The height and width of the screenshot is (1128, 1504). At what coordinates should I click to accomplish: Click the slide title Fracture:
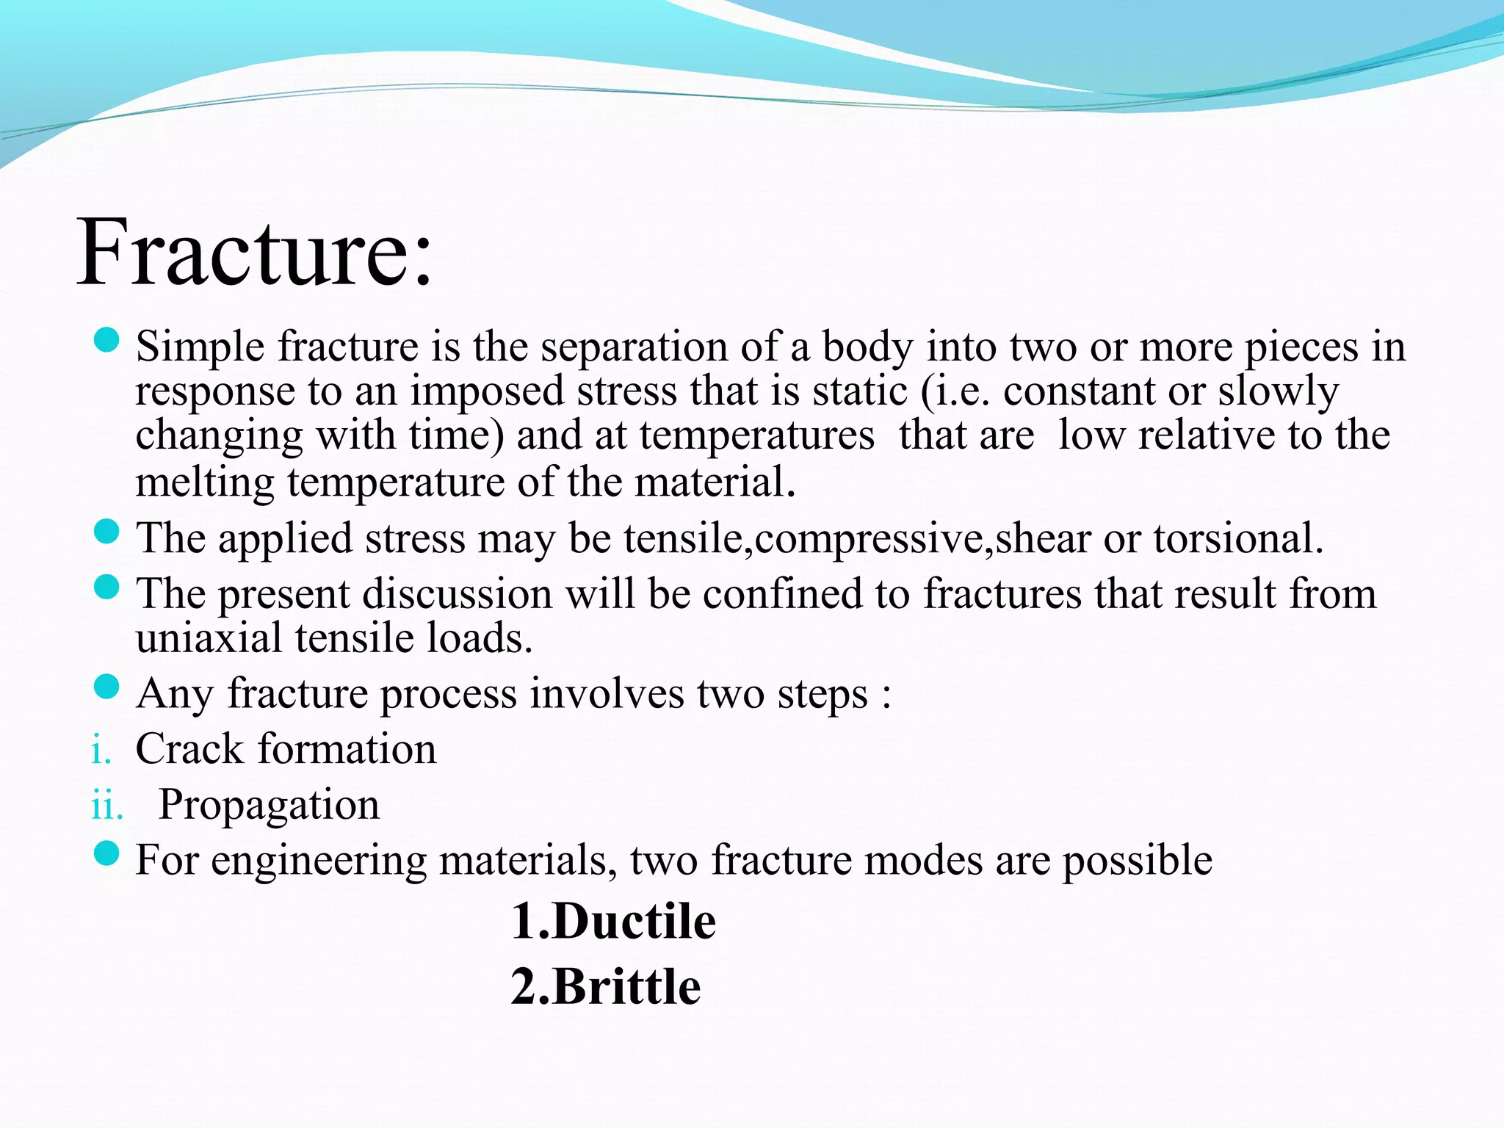[255, 253]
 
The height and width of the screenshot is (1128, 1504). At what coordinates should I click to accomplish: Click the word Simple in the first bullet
[200, 347]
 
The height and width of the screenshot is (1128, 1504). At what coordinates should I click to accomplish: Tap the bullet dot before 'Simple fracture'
[107, 340]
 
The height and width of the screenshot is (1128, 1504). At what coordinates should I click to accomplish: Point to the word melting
[205, 483]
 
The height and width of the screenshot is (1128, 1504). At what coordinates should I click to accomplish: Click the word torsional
[1238, 538]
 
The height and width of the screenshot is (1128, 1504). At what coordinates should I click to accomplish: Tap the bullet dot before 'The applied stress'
[107, 532]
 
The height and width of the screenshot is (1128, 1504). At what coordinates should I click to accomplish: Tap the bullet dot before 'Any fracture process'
[107, 687]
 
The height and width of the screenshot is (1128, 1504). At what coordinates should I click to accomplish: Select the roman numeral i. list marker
[101, 751]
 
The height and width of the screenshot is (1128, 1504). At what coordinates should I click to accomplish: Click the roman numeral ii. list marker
[106, 806]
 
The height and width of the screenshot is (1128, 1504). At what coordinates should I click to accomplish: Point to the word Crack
[189, 749]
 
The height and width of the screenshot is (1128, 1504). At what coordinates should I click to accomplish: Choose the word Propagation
[269, 806]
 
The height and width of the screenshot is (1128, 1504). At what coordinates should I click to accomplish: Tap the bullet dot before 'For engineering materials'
[107, 853]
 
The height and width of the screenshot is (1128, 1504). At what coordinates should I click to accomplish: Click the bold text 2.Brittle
[606, 986]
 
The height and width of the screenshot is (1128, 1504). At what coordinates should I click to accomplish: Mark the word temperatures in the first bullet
[756, 435]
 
